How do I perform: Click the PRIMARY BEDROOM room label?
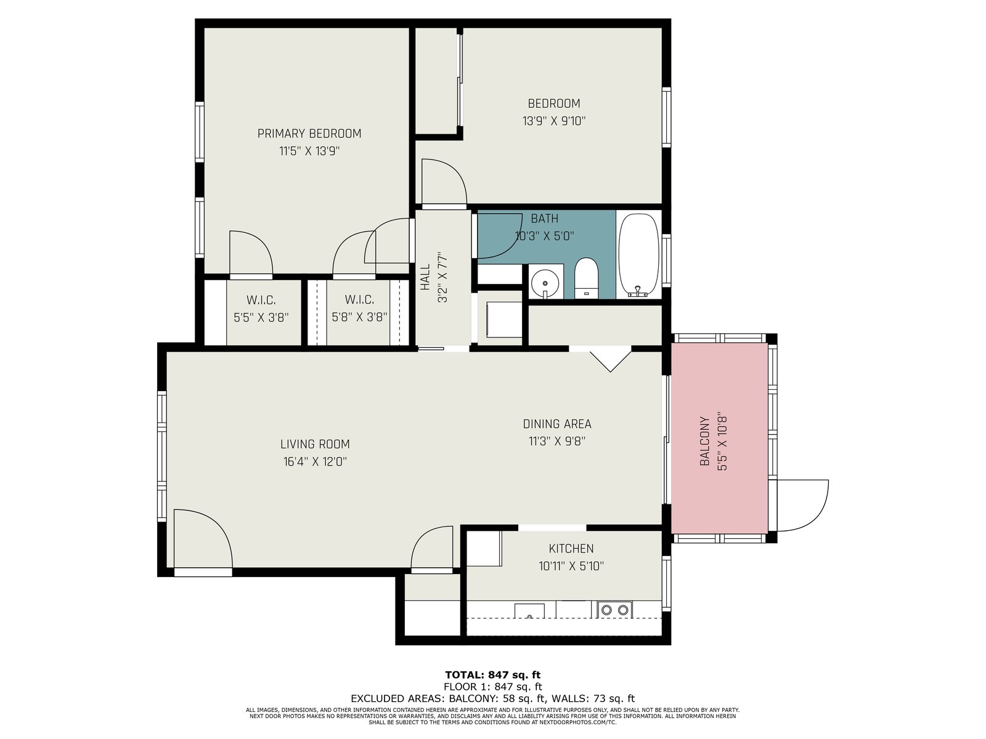309,134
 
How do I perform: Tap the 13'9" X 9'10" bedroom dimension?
554,121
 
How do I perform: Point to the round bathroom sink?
545,283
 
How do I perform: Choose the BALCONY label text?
704,441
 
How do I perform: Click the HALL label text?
425,277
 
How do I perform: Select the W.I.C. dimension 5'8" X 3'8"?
359,318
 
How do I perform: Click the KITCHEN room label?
571,548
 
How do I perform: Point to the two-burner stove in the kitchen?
614,610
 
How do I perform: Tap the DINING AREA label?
557,424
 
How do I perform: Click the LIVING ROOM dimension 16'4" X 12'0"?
315,462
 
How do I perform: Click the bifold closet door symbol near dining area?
611,361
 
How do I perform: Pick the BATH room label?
544,219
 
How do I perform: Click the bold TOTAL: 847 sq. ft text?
493,675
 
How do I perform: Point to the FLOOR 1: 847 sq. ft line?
493,687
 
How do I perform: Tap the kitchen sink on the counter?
529,611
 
